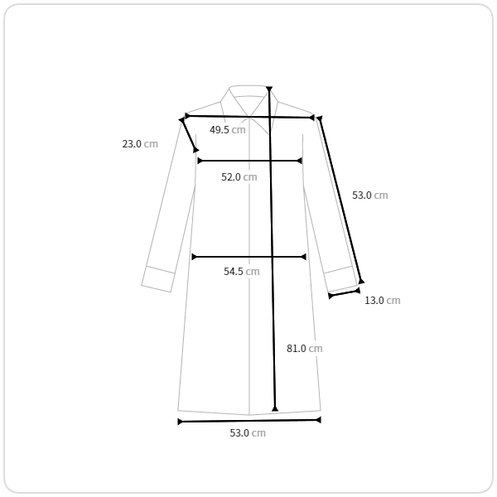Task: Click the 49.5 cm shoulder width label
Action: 228,130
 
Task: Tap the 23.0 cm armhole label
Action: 140,144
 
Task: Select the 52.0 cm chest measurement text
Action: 239,177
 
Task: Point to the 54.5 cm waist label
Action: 242,272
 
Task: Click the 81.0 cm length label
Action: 304,349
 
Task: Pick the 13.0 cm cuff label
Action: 382,300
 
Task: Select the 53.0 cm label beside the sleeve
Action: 370,195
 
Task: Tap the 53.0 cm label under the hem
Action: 248,432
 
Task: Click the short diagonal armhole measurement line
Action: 189,135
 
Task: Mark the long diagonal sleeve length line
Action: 340,200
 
